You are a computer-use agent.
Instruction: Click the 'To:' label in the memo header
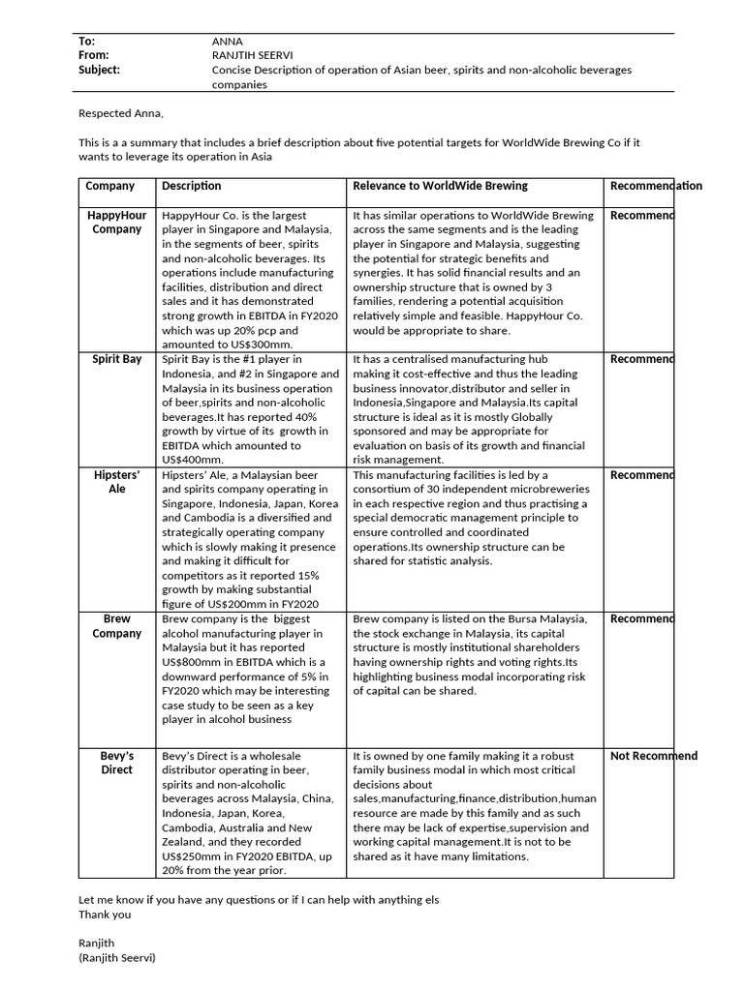tap(87, 41)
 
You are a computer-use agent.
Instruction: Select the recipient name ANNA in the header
tap(227, 41)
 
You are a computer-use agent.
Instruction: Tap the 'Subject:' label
tap(100, 70)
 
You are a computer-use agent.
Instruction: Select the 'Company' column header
tap(110, 186)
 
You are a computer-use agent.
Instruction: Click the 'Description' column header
tap(191, 186)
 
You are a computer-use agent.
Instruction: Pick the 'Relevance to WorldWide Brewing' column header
tap(440, 186)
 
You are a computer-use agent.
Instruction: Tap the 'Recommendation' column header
tap(656, 186)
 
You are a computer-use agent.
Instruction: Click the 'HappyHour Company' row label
tap(116, 223)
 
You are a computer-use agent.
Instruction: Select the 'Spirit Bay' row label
tap(116, 359)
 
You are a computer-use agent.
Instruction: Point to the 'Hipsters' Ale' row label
tap(116, 482)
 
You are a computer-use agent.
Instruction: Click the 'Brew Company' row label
tap(116, 626)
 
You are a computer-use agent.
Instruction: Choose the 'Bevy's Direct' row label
tap(116, 763)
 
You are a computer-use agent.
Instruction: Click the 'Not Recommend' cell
tap(653, 756)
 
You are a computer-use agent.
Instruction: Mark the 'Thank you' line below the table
tap(105, 914)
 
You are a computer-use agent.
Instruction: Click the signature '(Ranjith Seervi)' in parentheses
tap(116, 957)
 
